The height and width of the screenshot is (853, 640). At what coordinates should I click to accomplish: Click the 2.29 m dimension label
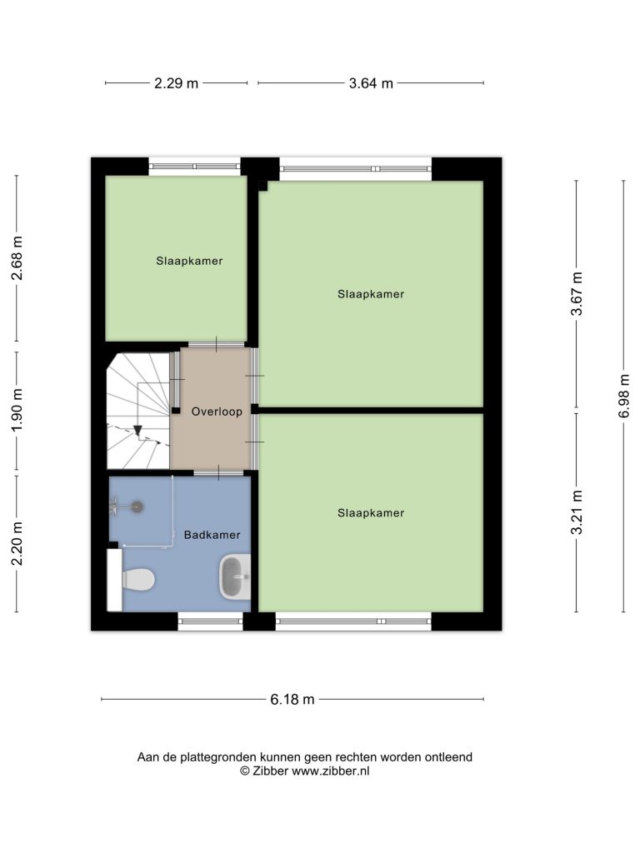pos(177,83)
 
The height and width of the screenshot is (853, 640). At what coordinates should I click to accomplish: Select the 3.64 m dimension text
pos(371,83)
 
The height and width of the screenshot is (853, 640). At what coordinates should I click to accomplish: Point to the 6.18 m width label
pos(292,699)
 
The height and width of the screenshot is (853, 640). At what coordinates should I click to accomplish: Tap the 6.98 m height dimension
pos(623,396)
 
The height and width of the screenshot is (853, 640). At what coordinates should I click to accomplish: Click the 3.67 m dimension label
pos(577,294)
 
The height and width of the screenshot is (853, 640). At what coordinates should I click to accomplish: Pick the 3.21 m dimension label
pos(577,512)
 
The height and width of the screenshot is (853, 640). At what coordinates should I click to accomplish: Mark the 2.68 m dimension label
pos(17,258)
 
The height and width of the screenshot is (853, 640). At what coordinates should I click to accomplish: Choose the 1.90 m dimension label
pos(17,410)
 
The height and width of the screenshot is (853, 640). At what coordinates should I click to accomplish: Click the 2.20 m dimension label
pos(17,543)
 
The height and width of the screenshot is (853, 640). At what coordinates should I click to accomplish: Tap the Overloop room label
pos(217,412)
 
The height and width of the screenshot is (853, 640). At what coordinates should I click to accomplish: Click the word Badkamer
pos(212,535)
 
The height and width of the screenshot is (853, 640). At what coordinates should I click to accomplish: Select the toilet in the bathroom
pos(138,580)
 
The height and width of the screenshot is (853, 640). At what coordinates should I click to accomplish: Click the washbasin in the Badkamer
pos(234,576)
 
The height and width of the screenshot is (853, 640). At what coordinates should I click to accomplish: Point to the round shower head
pos(137,507)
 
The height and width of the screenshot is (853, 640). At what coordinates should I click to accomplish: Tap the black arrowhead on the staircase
pos(137,431)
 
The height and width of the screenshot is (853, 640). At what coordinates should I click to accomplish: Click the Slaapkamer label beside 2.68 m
pos(189,261)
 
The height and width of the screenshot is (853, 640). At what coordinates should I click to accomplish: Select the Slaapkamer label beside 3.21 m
pos(371,513)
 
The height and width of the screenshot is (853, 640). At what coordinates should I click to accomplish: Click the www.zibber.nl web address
pos(330,771)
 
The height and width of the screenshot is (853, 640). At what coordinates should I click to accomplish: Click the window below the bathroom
pos(210,621)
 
